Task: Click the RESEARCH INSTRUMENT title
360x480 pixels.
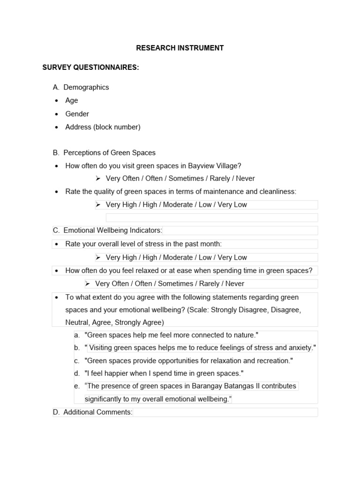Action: click(x=180, y=48)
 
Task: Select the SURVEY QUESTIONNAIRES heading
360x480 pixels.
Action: click(x=90, y=67)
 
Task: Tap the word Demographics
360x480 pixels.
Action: click(x=86, y=87)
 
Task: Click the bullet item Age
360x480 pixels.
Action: click(x=72, y=100)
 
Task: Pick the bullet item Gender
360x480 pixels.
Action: click(x=77, y=114)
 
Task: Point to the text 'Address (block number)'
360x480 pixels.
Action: click(x=103, y=127)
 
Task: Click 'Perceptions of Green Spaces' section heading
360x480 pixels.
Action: click(x=109, y=153)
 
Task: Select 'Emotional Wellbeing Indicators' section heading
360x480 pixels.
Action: click(x=112, y=231)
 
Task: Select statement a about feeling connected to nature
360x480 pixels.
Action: click(x=172, y=335)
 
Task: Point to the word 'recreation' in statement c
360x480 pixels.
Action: click(x=272, y=361)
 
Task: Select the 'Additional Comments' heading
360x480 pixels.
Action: click(x=97, y=412)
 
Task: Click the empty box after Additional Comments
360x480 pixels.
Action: click(x=225, y=412)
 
